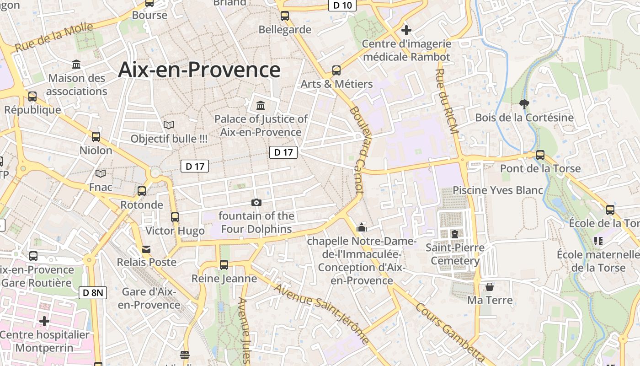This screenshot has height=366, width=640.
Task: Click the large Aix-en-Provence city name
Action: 199,70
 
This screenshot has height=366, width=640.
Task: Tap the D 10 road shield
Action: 342,5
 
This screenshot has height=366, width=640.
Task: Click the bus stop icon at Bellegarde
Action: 285,16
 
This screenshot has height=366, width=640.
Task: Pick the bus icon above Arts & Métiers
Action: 336,70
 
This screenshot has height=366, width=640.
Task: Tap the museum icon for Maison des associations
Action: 76,65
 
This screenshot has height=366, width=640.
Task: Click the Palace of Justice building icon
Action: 261,106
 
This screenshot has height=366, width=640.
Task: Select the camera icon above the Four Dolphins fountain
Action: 256,202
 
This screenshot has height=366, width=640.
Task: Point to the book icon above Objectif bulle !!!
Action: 169,125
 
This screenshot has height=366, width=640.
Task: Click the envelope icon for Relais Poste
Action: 146,249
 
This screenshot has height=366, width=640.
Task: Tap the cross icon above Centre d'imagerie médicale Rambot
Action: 406,31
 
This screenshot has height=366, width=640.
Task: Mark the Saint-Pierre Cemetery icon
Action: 454,234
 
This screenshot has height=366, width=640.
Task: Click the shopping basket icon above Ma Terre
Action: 490,287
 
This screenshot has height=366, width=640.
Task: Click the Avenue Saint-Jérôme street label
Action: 321,313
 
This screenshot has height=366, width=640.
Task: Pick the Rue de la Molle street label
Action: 54,37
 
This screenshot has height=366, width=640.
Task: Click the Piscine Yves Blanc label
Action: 498,190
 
